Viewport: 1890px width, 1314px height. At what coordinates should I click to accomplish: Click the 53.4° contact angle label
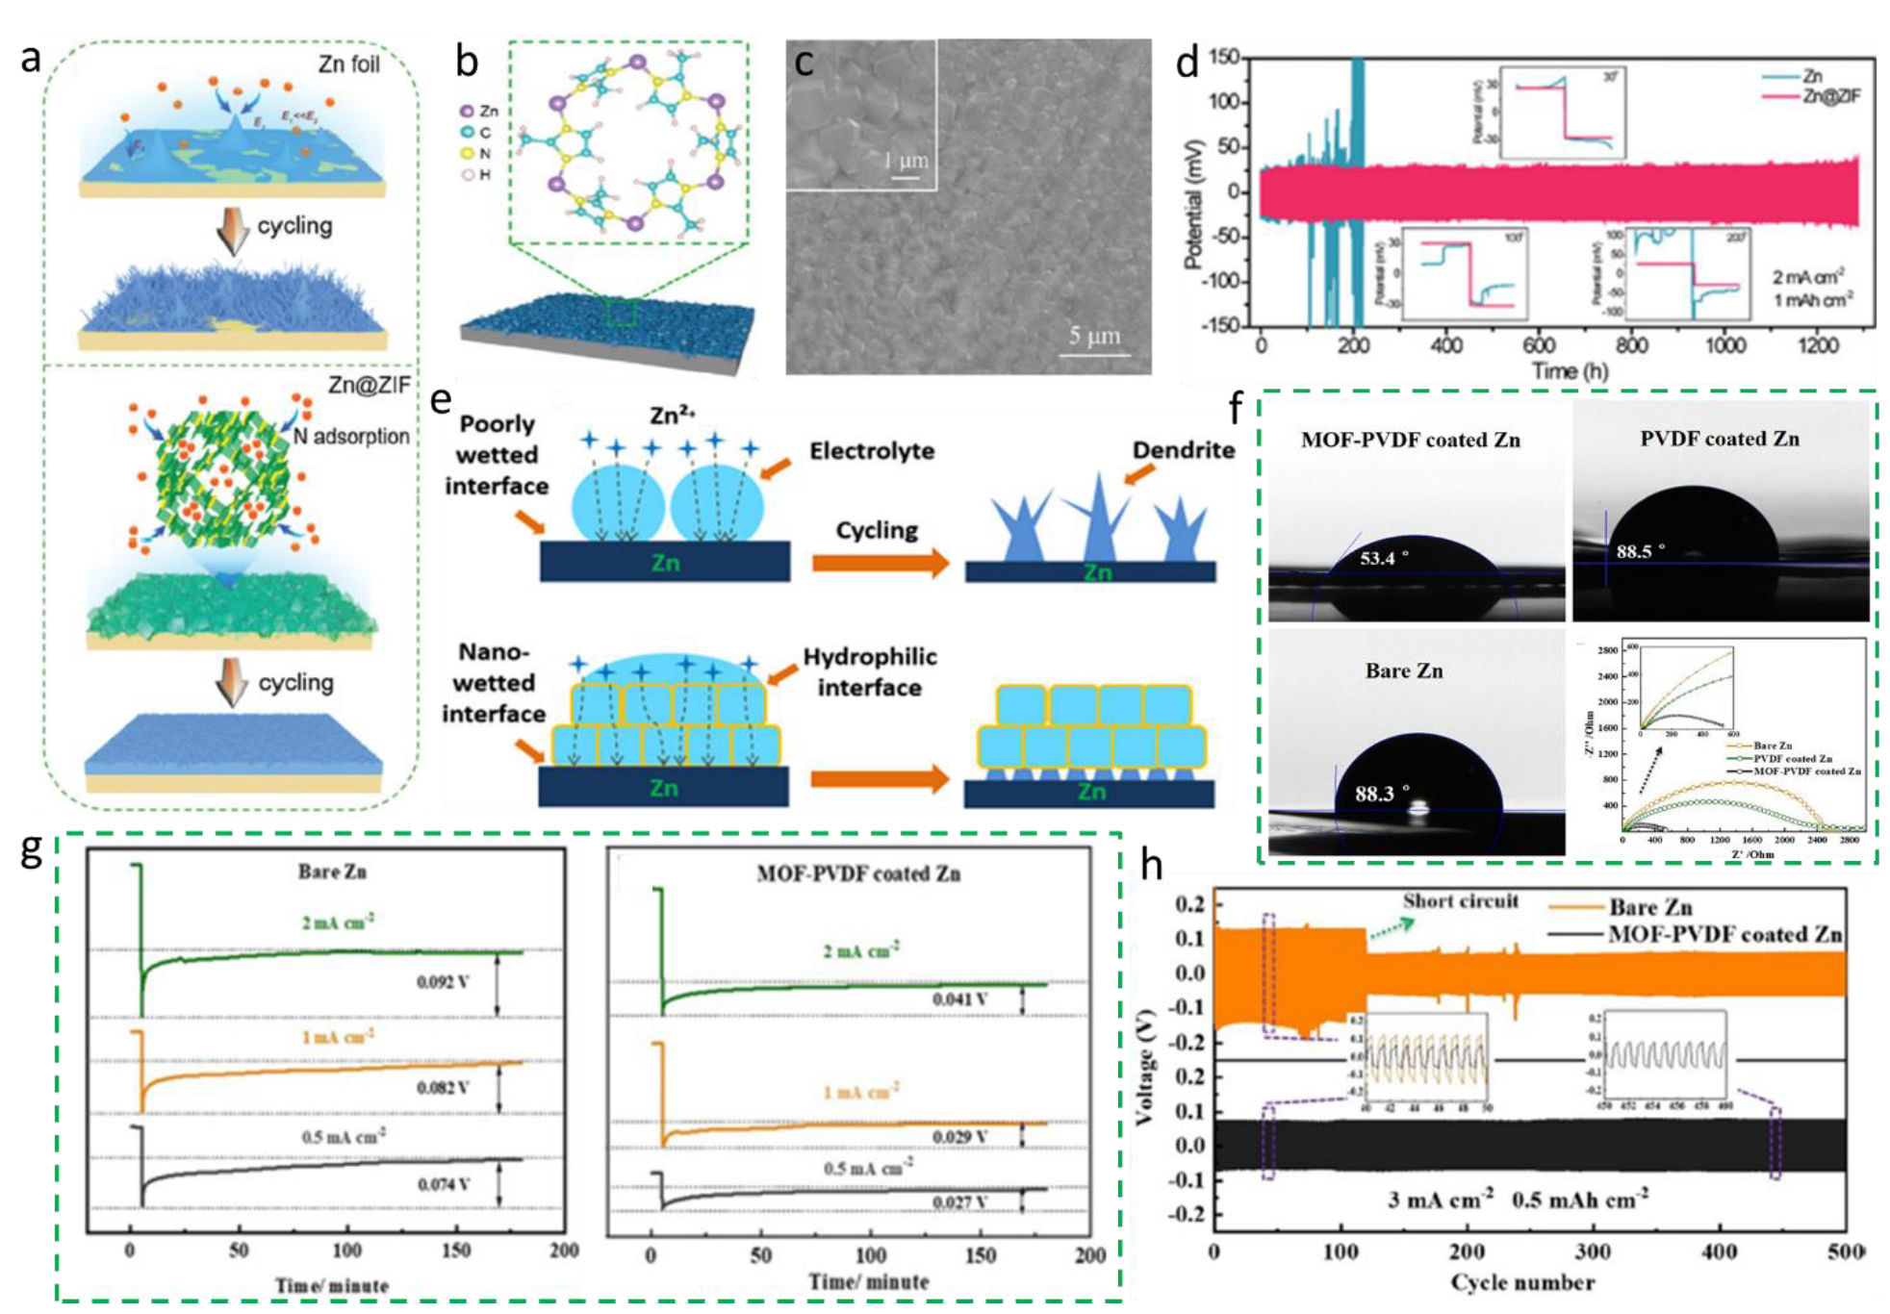coord(1384,558)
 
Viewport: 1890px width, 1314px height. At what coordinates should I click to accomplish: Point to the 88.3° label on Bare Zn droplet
coord(1381,794)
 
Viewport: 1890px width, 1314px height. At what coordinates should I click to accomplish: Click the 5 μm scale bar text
coord(1094,336)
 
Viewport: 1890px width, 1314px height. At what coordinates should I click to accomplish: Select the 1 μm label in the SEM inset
coord(906,160)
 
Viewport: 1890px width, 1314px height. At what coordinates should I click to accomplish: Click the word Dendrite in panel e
coord(1183,449)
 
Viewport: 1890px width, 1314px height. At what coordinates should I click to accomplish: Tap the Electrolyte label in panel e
coord(871,450)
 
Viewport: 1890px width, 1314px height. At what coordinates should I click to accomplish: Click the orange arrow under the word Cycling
coord(880,564)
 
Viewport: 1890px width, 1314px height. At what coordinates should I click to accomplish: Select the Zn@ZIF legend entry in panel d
coord(1831,95)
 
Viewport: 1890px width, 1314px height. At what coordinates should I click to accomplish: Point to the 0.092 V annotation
coord(443,981)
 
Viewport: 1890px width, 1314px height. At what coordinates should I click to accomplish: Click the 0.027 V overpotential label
coord(959,1201)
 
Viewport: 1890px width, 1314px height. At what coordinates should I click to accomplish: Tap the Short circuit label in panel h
coord(1460,901)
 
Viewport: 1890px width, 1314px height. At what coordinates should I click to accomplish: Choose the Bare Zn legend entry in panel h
coord(1649,907)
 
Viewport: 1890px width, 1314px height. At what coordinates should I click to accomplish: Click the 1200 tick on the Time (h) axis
coord(1817,344)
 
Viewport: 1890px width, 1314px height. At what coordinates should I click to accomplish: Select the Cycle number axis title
coord(1522,1282)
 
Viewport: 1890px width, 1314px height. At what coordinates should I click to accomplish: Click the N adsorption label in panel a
coord(351,436)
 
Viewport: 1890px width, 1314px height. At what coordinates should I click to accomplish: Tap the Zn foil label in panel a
coord(348,64)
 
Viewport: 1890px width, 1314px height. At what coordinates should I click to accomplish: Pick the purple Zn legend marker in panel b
coord(467,112)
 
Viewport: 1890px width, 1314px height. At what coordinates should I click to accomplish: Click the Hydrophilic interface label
coord(869,671)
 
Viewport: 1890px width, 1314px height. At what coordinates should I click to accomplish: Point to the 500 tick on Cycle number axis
coord(1844,1251)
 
